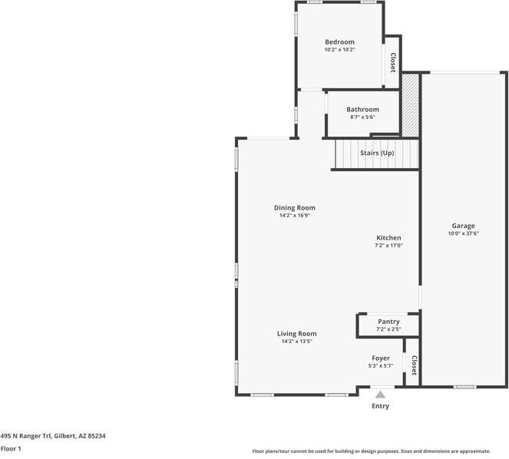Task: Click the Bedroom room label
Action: (x=339, y=42)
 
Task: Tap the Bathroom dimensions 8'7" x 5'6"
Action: (x=362, y=117)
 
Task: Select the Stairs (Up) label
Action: (x=377, y=153)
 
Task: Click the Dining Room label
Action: (x=295, y=208)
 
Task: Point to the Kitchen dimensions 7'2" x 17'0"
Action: (x=388, y=246)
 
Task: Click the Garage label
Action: (x=463, y=226)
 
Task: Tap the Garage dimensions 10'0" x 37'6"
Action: (x=463, y=233)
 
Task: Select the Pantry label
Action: (x=388, y=322)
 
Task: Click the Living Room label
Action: (x=296, y=334)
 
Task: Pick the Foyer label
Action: (x=381, y=358)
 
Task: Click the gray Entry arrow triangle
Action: (x=381, y=395)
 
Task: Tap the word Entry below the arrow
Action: (x=380, y=406)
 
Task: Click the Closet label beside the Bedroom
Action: (x=393, y=63)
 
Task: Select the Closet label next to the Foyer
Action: (x=415, y=365)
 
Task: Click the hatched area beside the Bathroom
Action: (x=410, y=105)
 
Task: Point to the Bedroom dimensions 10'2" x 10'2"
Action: (x=339, y=50)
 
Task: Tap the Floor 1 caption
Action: (x=11, y=449)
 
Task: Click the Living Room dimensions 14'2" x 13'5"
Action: (x=296, y=341)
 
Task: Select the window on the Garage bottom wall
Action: (x=464, y=387)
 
